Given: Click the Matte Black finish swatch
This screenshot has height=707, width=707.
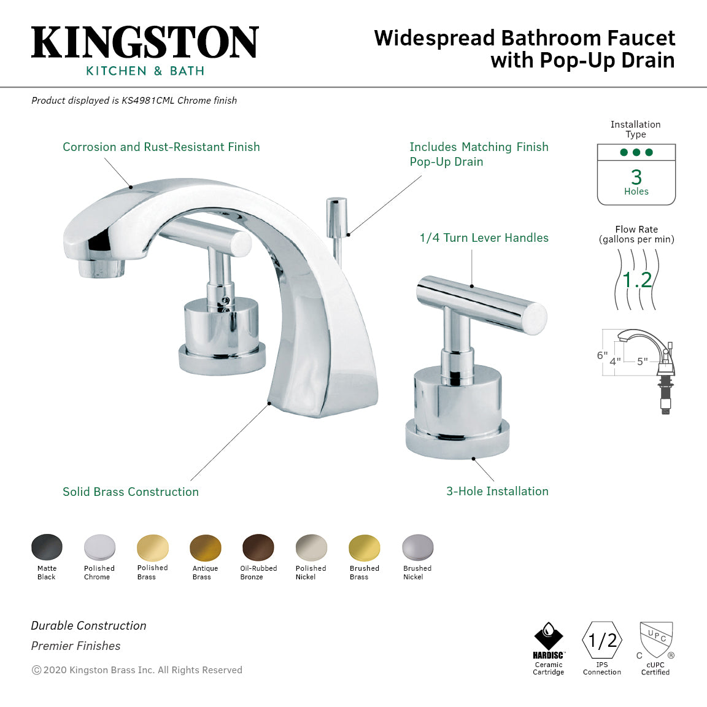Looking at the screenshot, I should tap(47, 547).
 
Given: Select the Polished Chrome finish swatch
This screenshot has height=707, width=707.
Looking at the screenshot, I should tap(99, 547).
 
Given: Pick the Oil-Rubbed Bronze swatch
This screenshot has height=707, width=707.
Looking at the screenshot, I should tap(258, 547).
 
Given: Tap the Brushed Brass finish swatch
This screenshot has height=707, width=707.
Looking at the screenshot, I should tap(365, 547).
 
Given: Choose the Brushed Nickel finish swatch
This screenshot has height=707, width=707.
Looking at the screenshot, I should tap(418, 547).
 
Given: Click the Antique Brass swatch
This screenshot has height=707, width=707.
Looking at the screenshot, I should tap(206, 547).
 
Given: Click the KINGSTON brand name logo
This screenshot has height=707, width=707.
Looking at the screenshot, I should tap(145, 43).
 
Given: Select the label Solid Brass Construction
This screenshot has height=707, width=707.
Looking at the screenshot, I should tap(131, 492).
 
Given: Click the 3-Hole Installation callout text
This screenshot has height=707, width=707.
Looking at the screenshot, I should tap(497, 491).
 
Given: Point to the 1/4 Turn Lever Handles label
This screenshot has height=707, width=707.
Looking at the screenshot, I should tap(484, 238).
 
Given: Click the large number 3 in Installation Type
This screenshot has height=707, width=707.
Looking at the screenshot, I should tap(636, 177).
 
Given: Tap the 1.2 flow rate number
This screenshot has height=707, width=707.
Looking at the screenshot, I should tap(637, 280).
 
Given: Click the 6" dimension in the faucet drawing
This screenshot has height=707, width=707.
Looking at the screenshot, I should tap(602, 355).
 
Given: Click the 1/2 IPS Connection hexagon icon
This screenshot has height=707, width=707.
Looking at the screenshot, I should tap(602, 641).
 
